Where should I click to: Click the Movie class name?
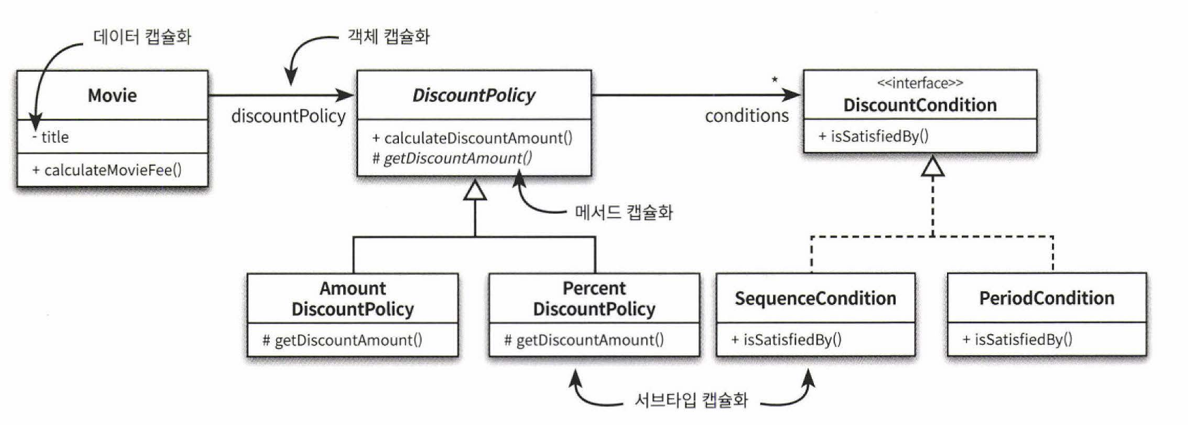click(112, 95)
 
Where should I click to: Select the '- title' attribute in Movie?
click(51, 137)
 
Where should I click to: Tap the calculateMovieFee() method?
click(107, 170)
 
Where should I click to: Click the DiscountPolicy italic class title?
click(474, 95)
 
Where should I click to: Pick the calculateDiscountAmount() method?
click(473, 138)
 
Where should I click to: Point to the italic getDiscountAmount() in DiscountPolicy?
click(452, 158)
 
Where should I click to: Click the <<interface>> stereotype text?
click(920, 83)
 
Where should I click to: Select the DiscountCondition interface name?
click(920, 105)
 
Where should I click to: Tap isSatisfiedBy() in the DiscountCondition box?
click(873, 137)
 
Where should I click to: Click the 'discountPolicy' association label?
click(288, 116)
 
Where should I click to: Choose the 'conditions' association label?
click(747, 115)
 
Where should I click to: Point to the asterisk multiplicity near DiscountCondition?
click(774, 80)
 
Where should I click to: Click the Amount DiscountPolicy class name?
click(352, 298)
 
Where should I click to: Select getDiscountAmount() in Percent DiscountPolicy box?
click(584, 341)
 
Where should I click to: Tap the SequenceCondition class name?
click(815, 298)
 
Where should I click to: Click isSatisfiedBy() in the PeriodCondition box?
click(1017, 340)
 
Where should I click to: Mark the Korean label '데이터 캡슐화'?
click(142, 37)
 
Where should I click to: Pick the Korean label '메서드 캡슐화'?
click(624, 212)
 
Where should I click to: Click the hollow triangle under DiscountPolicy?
click(475, 190)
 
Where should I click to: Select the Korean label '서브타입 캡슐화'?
click(691, 400)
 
